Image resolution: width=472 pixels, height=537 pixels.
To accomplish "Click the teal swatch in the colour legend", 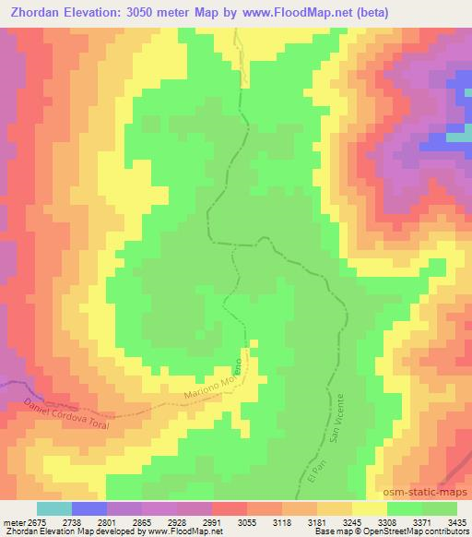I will point(54,508).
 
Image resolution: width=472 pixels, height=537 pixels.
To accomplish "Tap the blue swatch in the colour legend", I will point(89,508).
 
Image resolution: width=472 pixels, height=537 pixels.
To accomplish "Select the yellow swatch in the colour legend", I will point(369,508).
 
